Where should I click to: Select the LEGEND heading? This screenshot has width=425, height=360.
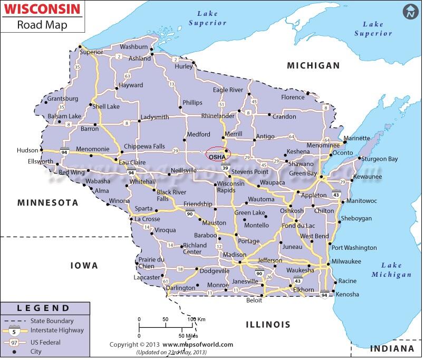(x=43, y=308)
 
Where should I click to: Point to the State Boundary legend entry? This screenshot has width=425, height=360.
(x=52, y=320)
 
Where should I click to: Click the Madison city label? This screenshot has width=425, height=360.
(x=234, y=255)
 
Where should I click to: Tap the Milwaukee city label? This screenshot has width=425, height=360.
(x=346, y=261)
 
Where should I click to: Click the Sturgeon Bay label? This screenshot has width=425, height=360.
(x=380, y=159)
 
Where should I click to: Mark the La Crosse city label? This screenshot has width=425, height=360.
(x=147, y=219)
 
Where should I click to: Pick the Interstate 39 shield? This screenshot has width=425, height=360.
(x=225, y=168)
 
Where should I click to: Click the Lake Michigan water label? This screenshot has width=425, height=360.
(x=391, y=270)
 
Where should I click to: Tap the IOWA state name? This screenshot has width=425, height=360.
(x=84, y=266)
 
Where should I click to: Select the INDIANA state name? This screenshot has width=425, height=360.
(x=391, y=349)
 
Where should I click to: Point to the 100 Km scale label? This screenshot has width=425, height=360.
(x=197, y=319)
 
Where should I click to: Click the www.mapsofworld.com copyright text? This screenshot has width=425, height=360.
(x=201, y=344)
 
